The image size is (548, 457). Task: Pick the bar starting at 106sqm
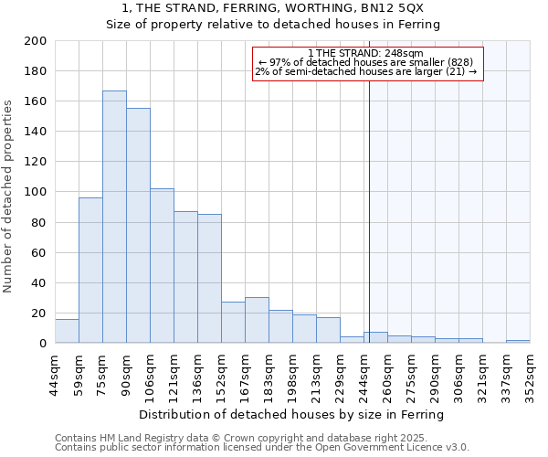point(162,265)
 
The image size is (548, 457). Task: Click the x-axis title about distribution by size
point(292,414)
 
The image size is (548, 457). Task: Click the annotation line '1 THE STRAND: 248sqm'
point(365,53)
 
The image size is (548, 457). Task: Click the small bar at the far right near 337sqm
point(518,341)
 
